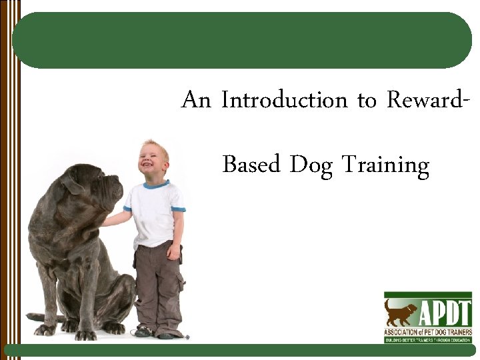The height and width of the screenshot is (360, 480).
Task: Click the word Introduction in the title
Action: [285, 101]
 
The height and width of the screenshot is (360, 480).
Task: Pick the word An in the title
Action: [196, 101]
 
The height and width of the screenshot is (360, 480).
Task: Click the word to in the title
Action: [367, 101]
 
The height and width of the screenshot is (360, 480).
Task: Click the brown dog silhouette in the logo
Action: [401, 312]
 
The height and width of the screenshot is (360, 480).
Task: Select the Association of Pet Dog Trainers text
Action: [427, 331]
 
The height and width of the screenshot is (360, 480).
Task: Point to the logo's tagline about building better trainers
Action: [427, 339]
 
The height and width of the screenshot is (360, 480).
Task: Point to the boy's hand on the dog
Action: [107, 221]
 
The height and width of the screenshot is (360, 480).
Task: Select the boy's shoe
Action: [143, 331]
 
